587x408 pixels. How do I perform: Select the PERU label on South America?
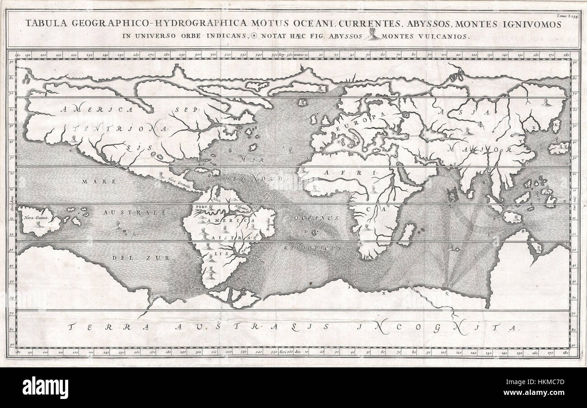tap(200, 207)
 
